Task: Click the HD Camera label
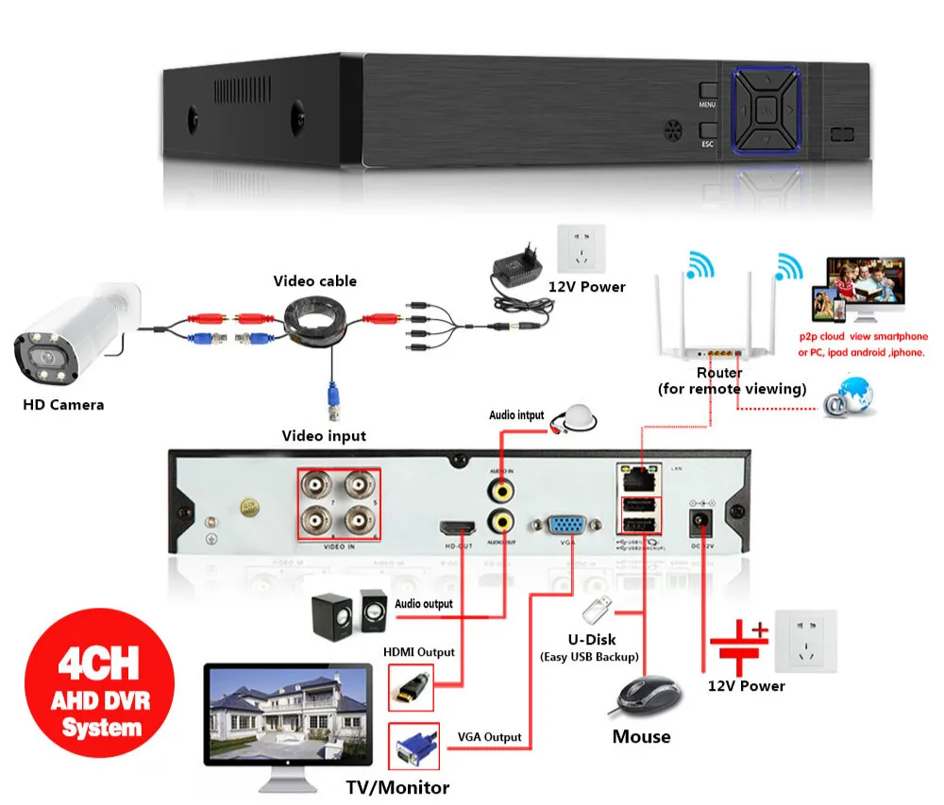63,405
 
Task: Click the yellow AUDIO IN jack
499,489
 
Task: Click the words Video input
324,435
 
